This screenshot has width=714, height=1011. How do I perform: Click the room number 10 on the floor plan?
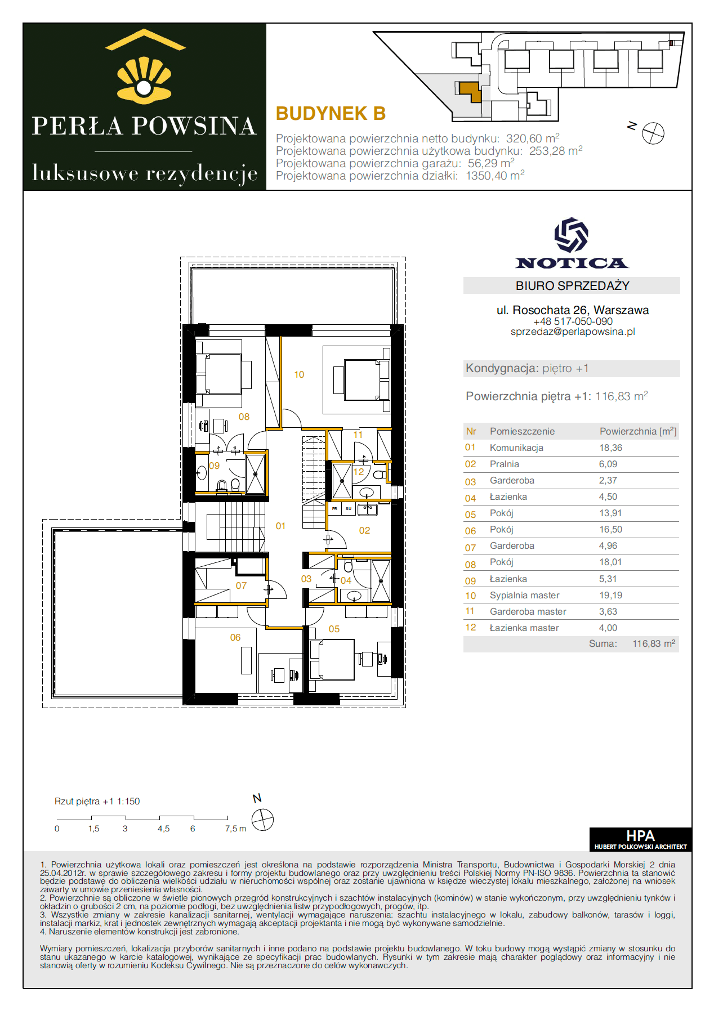[299, 374]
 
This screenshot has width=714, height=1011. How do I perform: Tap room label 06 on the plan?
[235, 637]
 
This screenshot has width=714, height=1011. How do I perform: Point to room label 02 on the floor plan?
[364, 530]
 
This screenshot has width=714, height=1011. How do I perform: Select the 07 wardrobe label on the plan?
[241, 585]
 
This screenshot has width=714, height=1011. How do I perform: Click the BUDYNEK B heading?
[331, 114]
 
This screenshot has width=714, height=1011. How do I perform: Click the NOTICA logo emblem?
[571, 235]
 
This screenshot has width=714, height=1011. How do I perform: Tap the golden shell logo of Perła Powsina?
[144, 80]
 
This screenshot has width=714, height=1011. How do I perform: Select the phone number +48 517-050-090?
[573, 321]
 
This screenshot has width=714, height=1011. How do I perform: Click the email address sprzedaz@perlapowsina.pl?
[573, 332]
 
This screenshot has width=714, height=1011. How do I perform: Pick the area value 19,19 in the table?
[611, 595]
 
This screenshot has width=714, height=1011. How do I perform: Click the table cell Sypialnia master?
[525, 595]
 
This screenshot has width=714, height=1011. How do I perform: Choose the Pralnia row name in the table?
[505, 464]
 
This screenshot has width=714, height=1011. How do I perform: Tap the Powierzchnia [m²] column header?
[638, 431]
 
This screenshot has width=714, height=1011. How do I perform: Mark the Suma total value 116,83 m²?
[654, 643]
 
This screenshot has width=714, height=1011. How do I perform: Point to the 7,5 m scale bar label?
[235, 829]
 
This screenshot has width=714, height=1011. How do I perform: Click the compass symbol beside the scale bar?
[262, 820]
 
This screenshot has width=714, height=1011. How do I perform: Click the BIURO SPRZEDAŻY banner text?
[572, 285]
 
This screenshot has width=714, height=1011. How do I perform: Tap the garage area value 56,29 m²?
[491, 163]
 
